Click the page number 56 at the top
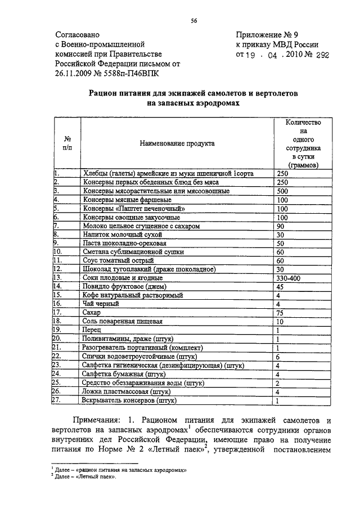click(193, 21)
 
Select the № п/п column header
click(67, 143)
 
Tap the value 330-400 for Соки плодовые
click(290, 278)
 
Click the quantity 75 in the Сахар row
click(281, 313)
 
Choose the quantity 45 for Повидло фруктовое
click(281, 287)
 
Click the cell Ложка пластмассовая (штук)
click(127, 391)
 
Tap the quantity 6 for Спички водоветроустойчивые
click(278, 357)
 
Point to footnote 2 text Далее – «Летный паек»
click(85, 476)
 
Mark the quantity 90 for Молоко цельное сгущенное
click(281, 226)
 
